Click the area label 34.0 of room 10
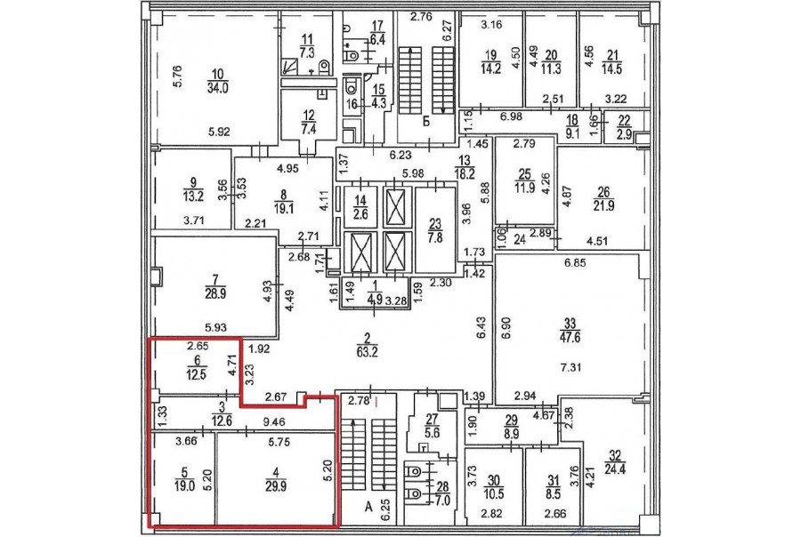point(218,88)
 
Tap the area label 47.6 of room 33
point(570,338)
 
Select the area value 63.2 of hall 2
point(367,352)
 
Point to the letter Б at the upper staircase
point(425,122)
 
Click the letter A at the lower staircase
point(368,507)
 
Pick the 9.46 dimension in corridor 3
point(274,422)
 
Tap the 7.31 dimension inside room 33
point(570,367)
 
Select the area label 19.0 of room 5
point(184,486)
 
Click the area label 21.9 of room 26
point(603,205)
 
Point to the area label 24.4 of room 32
point(615,469)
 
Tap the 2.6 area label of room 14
point(360,215)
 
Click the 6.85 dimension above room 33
point(575,263)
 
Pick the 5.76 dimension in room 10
point(177,76)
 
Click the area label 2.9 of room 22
point(624,135)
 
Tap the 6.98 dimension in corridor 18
point(511,116)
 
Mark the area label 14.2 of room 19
point(490,68)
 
